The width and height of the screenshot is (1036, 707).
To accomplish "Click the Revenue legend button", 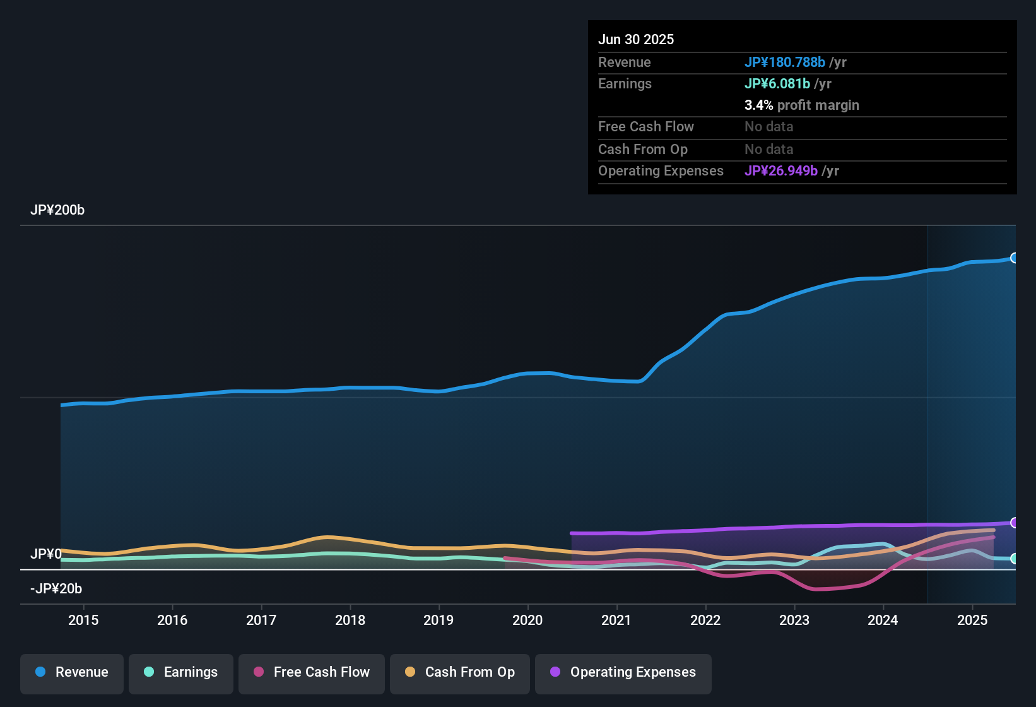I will coord(72,672).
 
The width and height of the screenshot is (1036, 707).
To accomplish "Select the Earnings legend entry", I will coord(181,672).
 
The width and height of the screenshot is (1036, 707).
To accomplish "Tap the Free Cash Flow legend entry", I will coord(312,672).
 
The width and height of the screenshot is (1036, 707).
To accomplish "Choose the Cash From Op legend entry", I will coord(460,672).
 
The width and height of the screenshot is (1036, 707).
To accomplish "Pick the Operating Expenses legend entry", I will coord(623,672).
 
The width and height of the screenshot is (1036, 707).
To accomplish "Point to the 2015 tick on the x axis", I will coord(83,620).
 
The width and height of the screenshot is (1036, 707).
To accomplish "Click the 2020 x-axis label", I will coord(527,620).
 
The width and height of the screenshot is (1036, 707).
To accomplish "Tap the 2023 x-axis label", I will coord(794,620).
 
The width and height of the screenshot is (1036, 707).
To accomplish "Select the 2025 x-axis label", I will coord(972,620).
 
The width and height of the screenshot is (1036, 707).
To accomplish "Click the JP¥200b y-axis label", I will coord(57,210).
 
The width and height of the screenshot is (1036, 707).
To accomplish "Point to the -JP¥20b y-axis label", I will coord(56,589).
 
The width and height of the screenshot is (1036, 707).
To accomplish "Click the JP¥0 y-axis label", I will coord(45,554).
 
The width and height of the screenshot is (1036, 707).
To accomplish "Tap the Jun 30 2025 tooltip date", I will coord(636,39).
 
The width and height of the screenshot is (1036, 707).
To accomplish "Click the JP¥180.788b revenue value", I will coord(785,62).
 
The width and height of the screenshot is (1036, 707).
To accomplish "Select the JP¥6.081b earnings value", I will coord(777,83).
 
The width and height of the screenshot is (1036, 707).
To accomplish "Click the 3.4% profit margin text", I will coord(801,105).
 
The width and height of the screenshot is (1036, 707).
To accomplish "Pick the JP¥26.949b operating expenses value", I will coord(781,171).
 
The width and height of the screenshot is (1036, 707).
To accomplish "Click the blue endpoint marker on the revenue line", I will coord(1014,258).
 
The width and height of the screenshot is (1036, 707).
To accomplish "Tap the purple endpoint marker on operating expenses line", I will coord(1014,523).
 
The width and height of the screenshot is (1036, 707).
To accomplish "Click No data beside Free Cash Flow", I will coord(768,127).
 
